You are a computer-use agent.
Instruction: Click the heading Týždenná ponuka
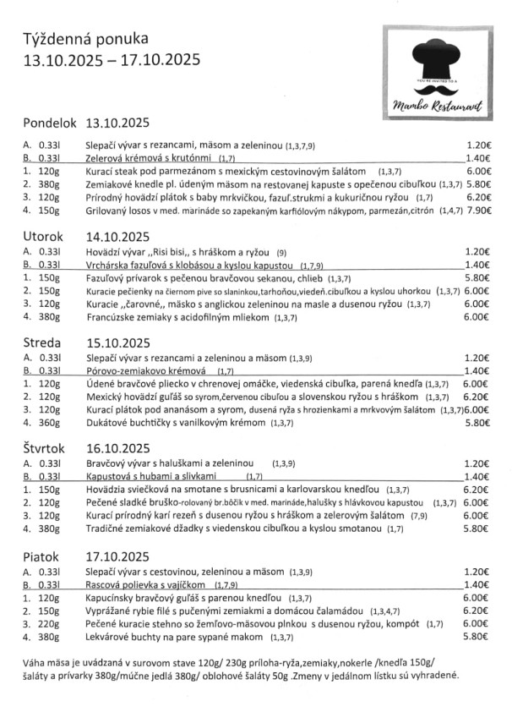[x=85, y=38]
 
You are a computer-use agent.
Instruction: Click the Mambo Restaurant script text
[x=438, y=105]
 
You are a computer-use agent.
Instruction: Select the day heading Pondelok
[x=51, y=121]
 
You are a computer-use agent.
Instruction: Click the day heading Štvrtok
[x=47, y=449]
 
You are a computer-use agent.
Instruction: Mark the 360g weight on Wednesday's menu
[x=51, y=424]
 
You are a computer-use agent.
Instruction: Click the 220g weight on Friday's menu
[x=51, y=623]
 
